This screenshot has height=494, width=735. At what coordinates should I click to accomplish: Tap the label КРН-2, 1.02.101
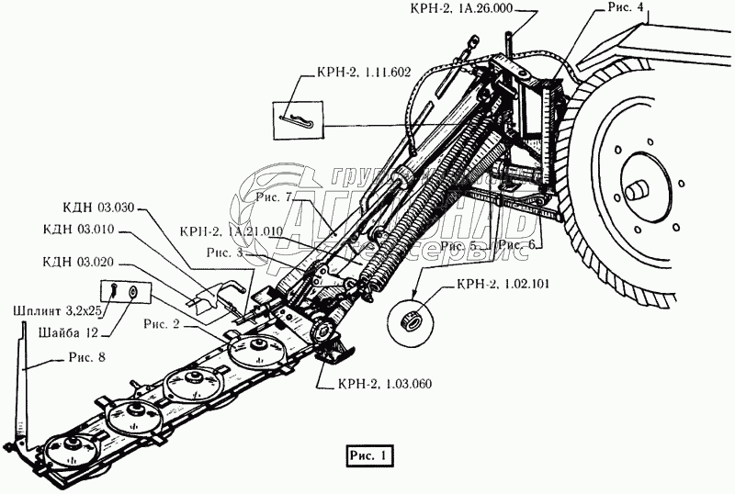pos(501,285)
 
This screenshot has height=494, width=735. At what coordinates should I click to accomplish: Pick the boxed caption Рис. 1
pos(369,454)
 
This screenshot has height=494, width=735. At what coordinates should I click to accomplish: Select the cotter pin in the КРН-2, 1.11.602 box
pos(300,120)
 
